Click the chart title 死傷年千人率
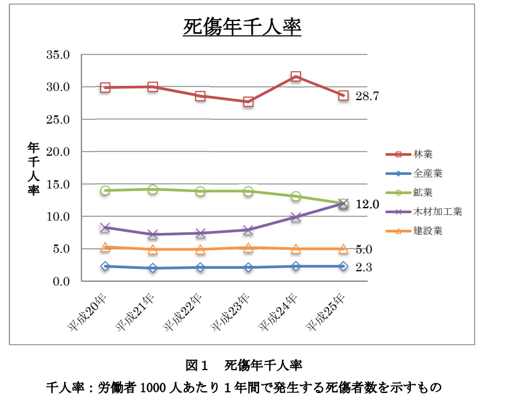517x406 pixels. (242, 28)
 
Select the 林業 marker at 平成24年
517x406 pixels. (296, 77)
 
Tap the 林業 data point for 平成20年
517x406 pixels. (105, 88)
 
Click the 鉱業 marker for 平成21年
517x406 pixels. (153, 189)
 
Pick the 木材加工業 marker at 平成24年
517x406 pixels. (296, 217)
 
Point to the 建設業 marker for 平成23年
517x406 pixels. (248, 248)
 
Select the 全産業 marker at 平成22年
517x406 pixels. (201, 268)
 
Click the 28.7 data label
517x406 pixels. (366, 96)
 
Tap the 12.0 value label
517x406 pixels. (366, 204)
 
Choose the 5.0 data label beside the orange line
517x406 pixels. (364, 249)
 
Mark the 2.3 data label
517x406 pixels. (364, 268)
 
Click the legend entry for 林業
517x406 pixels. (423, 154)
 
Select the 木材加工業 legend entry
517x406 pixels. (437, 211)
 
